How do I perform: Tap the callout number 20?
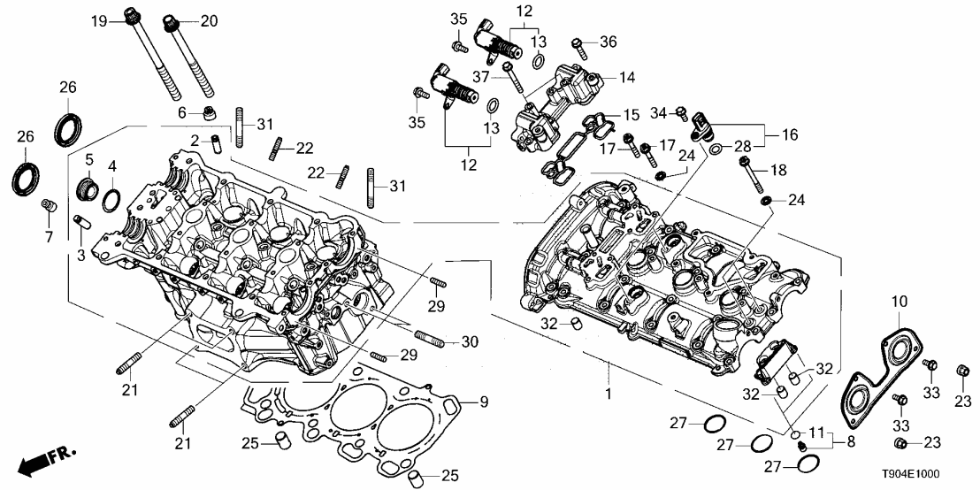click(208, 19)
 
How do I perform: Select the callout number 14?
click(626, 77)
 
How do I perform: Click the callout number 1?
click(608, 390)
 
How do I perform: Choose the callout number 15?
click(631, 115)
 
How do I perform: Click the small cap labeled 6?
click(209, 112)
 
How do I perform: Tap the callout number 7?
click(50, 237)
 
